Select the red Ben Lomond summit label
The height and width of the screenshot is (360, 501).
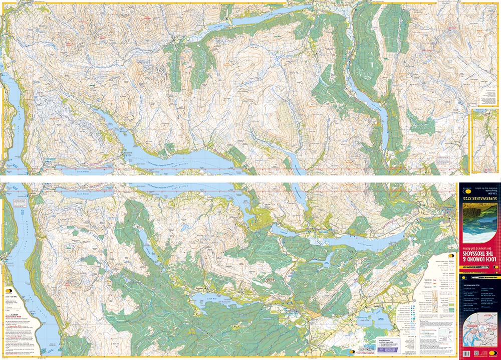(68, 246)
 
